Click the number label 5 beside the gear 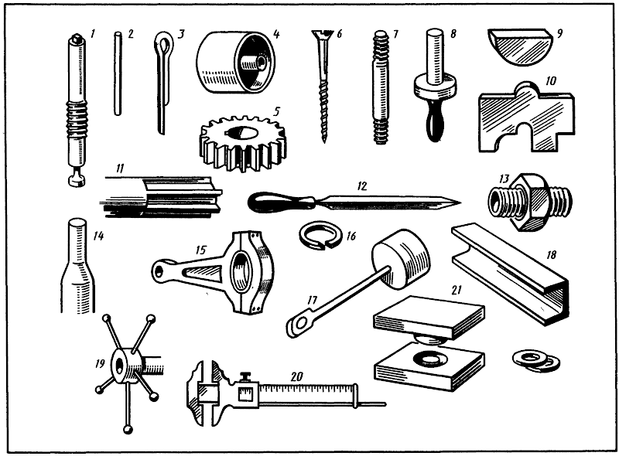(x=276, y=111)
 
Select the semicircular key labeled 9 (x=518, y=46)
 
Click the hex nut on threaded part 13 (x=528, y=202)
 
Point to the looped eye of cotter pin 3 (x=163, y=43)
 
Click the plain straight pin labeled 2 (x=118, y=73)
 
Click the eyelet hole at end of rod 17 (x=299, y=324)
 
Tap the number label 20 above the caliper (x=297, y=376)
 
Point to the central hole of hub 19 (x=119, y=366)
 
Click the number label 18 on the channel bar (x=551, y=254)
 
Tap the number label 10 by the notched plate (x=551, y=81)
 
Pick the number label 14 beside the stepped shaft (x=98, y=236)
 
